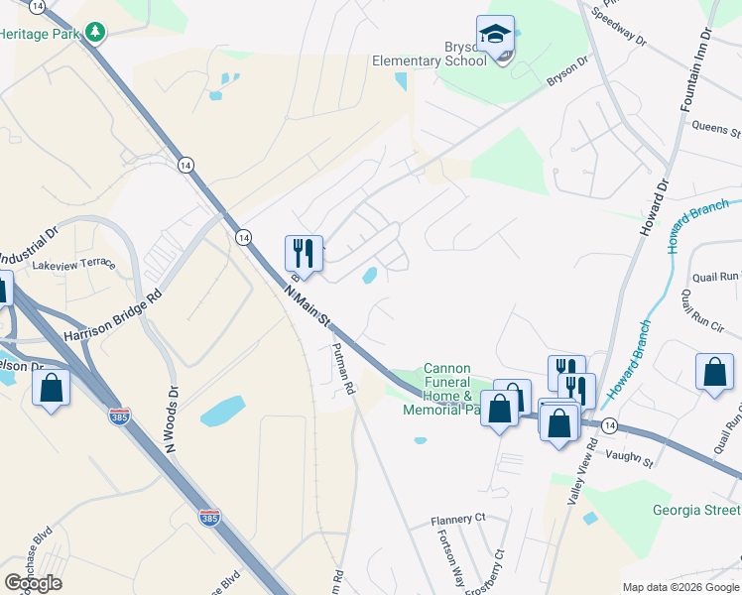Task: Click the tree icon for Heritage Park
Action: coord(95,33)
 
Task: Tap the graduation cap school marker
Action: coord(494,35)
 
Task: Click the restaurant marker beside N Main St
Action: coord(304,253)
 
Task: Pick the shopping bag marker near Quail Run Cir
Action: coord(714,373)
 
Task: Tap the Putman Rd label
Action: coord(342,369)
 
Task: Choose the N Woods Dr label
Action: coord(173,418)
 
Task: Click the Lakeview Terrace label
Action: coord(73,266)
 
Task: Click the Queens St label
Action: coord(716,128)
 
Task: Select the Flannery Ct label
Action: coord(457,519)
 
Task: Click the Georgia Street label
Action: coord(696,511)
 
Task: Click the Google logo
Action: coord(34,583)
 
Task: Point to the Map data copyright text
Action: coord(680,587)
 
